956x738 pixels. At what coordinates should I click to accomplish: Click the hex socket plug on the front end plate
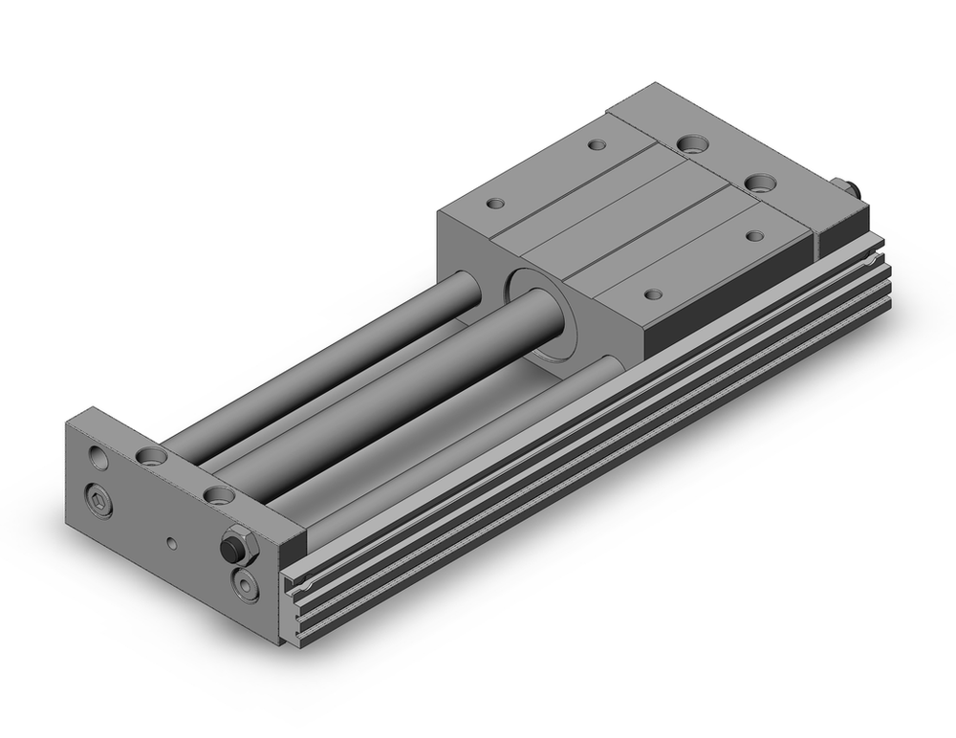(98, 499)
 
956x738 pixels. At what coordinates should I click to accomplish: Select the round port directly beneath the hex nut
(244, 584)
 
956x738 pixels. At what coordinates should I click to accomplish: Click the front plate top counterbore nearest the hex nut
(219, 496)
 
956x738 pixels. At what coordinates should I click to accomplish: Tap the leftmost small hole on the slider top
(495, 203)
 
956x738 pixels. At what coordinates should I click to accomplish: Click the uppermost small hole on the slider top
(597, 145)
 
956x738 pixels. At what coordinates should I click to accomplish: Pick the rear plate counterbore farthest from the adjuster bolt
(690, 145)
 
